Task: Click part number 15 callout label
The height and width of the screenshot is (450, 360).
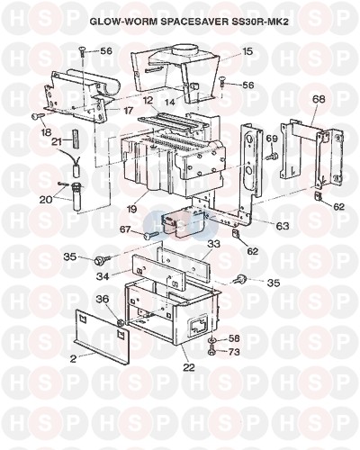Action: pyautogui.click(x=247, y=51)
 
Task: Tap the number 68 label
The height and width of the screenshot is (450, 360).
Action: pyautogui.click(x=319, y=99)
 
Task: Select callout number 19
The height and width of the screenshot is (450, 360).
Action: pyautogui.click(x=131, y=209)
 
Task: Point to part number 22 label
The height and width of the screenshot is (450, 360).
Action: pyautogui.click(x=189, y=367)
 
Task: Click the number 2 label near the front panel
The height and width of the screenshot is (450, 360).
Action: pyautogui.click(x=73, y=359)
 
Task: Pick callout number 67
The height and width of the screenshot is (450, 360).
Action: pyautogui.click(x=126, y=230)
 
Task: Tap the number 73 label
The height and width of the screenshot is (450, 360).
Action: pyautogui.click(x=234, y=351)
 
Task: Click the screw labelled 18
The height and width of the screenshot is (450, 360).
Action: pyautogui.click(x=38, y=115)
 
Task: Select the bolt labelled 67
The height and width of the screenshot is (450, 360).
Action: pyautogui.click(x=151, y=236)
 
